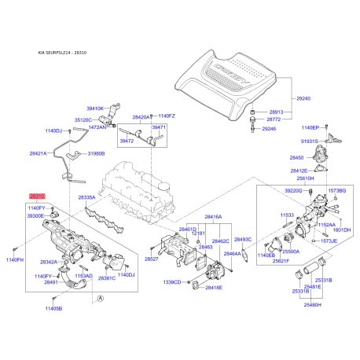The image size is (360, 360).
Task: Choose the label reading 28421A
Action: coord(38,153)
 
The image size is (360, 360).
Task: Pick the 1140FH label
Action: coord(16,259)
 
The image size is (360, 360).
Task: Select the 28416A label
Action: coord(213,216)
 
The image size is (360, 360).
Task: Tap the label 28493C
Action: coord(243,238)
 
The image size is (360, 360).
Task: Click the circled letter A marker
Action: coord(101,296)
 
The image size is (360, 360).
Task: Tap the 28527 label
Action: coord(152,258)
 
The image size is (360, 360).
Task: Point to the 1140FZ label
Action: coord(166,116)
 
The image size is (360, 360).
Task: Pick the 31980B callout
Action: coord(97,153)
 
